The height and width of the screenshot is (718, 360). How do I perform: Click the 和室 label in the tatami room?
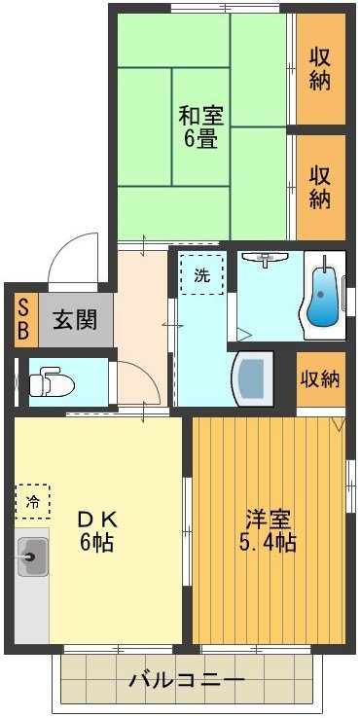click(201, 115)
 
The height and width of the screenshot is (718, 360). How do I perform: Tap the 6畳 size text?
click(200, 138)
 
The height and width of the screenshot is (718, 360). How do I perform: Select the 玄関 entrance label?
click(74, 317)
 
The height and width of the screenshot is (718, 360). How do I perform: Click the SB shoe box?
click(21, 317)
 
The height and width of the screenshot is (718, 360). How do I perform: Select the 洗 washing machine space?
click(200, 275)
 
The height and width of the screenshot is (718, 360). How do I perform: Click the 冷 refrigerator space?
click(33, 502)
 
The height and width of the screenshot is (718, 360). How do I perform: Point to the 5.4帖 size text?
click(265, 542)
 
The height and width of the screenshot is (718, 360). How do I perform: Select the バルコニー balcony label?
click(188, 680)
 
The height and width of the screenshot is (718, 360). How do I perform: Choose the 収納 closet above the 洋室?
click(320, 378)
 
